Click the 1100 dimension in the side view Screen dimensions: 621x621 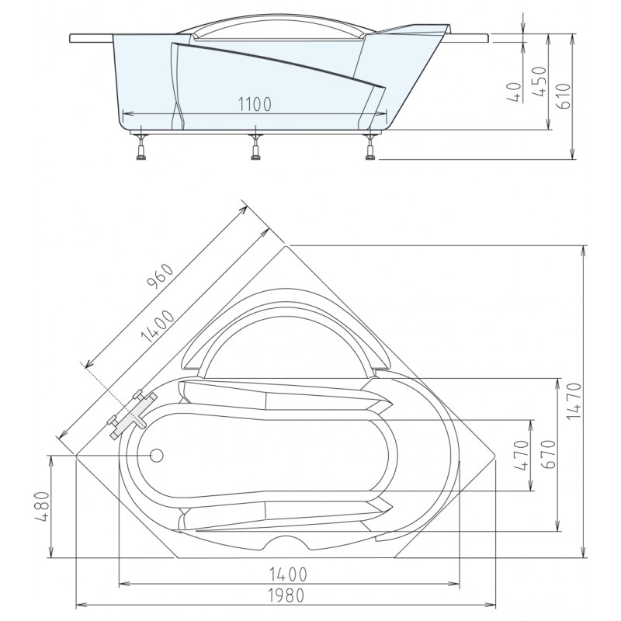click(x=255, y=104)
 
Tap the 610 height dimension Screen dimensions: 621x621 click(x=564, y=95)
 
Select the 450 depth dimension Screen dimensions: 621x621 click(x=539, y=82)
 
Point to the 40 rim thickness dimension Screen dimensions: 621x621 click(x=514, y=92)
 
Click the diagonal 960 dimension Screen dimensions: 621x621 click(x=161, y=276)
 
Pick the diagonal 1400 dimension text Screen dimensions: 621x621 click(x=158, y=326)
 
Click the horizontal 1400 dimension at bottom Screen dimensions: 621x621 click(x=288, y=574)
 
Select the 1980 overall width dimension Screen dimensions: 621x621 click(x=286, y=595)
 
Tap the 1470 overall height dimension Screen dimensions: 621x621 click(x=574, y=401)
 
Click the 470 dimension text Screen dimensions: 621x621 click(x=522, y=455)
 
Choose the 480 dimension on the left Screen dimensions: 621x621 click(x=42, y=506)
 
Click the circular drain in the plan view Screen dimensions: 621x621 click(x=157, y=456)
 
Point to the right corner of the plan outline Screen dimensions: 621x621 click(x=496, y=456)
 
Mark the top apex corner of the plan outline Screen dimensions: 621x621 click(x=286, y=245)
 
